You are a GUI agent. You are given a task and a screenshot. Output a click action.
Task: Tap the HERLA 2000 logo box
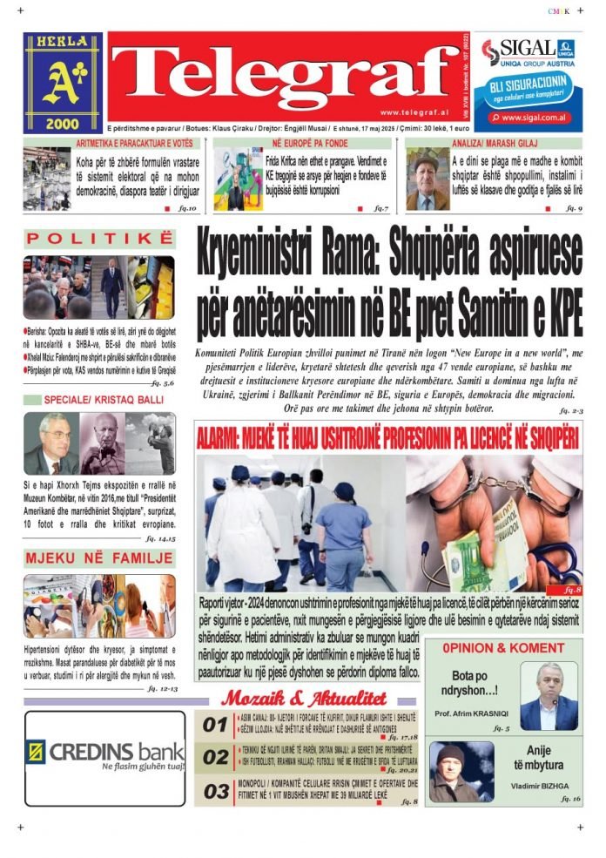(63, 83)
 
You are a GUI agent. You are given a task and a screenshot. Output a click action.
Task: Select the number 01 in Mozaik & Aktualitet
(215, 725)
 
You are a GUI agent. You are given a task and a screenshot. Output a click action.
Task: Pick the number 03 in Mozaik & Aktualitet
(215, 791)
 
